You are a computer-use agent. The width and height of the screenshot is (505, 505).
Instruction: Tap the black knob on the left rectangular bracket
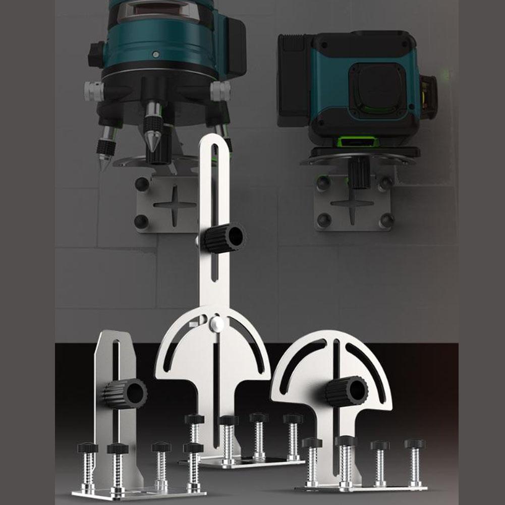[x=126, y=394]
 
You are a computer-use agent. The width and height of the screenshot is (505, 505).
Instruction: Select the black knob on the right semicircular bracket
[x=347, y=391]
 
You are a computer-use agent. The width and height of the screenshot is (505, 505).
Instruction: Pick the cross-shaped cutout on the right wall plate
[x=352, y=205]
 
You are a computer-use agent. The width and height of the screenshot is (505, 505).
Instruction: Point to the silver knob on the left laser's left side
[x=93, y=91]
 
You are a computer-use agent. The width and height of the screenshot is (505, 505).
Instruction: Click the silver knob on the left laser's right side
[x=220, y=91]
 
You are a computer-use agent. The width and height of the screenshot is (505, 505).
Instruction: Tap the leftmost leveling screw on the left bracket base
[x=87, y=467]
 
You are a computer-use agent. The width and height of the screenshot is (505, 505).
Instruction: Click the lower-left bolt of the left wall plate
[x=142, y=221]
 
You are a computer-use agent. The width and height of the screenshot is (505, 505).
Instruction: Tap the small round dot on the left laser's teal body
[x=156, y=54]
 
